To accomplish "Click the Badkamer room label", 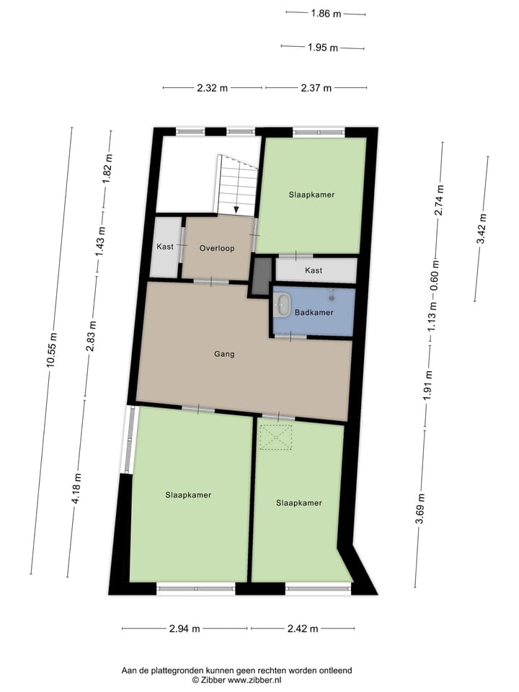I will (314, 313).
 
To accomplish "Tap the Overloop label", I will (217, 247).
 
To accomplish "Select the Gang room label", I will (224, 354).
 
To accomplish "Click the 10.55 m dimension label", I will (51, 351).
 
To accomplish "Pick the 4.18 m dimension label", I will (77, 490).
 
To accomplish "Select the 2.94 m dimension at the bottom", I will (185, 629).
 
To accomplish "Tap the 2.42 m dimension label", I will (303, 629).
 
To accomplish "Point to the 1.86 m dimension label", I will (326, 13).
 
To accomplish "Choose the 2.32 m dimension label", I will (213, 88).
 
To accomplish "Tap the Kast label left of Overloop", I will (165, 247).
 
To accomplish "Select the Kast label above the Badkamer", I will (314, 270).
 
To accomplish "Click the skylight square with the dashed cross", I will (276, 438).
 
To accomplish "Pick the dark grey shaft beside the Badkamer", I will (261, 275).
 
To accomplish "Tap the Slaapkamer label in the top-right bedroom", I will (311, 195).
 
